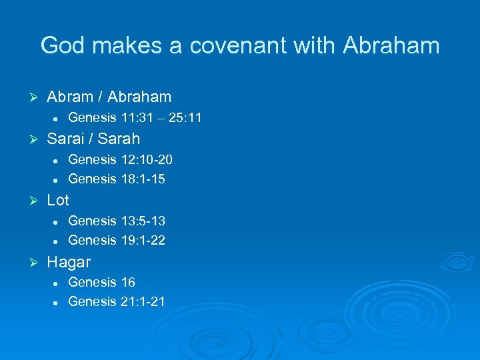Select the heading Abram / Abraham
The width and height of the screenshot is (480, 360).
pos(109,97)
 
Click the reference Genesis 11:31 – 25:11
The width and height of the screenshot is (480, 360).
pos(135,118)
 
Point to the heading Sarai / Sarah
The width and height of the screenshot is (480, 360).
pos(93,139)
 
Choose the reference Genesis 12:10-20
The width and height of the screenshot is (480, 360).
pos(121,159)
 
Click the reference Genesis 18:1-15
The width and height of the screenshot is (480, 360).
pos(117,179)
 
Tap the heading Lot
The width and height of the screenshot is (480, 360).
pos(58,200)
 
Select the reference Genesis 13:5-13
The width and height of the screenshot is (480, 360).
pos(117,221)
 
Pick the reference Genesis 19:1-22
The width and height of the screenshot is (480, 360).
pos(117,240)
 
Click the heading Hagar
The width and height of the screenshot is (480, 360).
pos(69,261)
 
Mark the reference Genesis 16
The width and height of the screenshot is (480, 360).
pos(101,282)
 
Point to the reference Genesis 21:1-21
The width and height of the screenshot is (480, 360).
pos(117,301)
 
